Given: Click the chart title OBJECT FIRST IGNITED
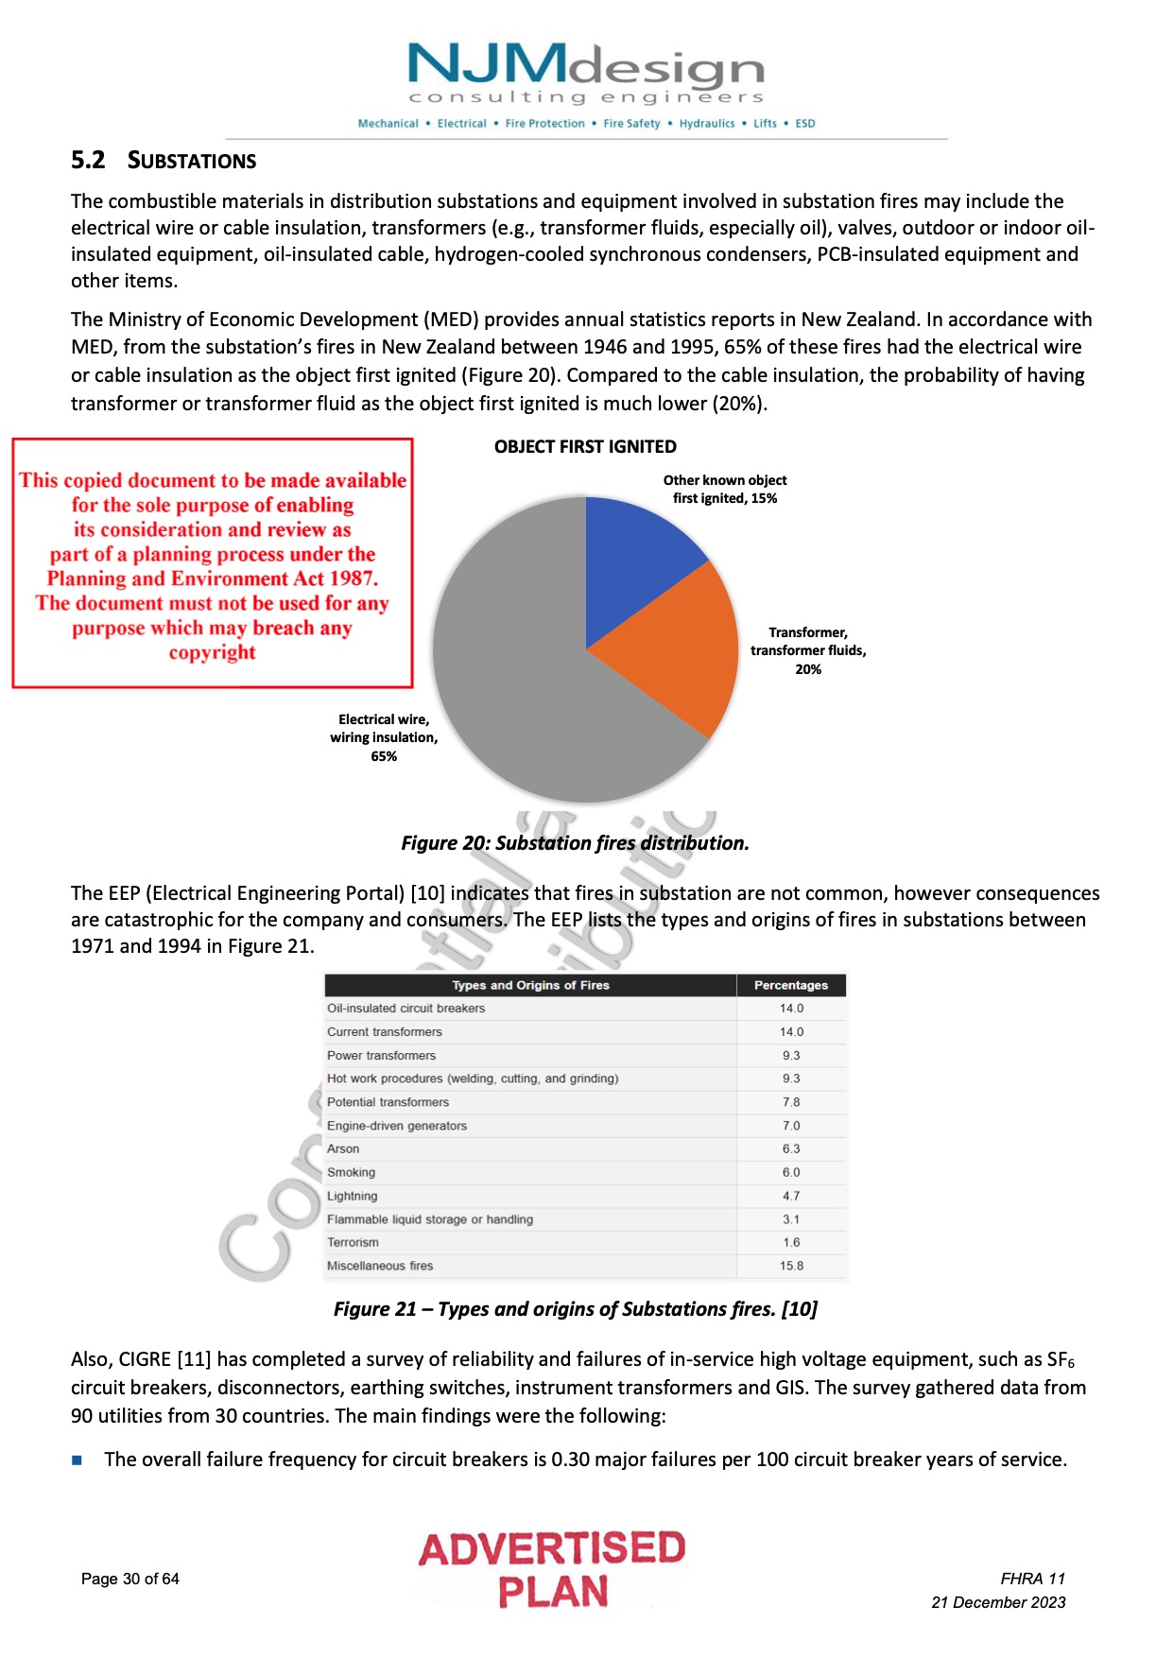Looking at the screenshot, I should [585, 447].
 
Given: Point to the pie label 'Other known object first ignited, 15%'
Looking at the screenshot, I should [725, 490].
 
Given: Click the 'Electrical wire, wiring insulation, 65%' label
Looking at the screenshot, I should [384, 737].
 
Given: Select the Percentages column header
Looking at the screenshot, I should [790, 985].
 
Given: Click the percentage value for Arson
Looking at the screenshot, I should [790, 1149].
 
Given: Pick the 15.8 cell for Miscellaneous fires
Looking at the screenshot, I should [790, 1266].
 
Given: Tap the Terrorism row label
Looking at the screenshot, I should [353, 1242].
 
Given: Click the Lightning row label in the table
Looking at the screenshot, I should [352, 1196].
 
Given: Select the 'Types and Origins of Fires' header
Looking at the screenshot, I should [530, 985].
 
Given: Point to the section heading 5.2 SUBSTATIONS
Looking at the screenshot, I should [164, 161].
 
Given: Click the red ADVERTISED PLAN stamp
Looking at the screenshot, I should [552, 1569].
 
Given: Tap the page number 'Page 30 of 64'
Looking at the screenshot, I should [130, 1579].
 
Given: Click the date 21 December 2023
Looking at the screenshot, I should [998, 1602].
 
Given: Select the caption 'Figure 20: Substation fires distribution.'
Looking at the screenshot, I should [575, 843].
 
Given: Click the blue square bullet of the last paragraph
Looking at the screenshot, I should [78, 1460].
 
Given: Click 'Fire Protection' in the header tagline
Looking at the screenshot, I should [544, 124].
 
